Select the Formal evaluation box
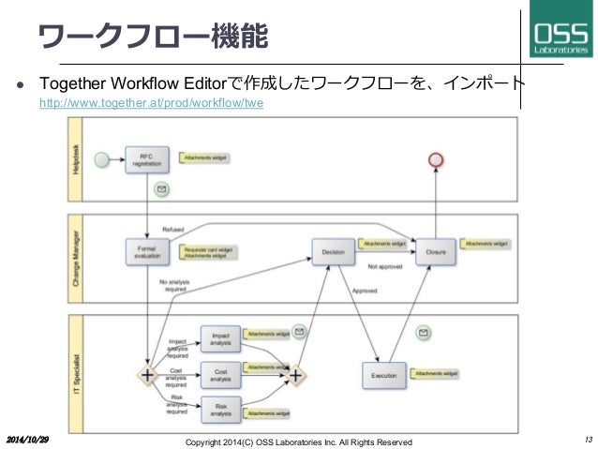click(x=146, y=251)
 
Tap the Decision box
click(x=332, y=251)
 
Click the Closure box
click(x=436, y=251)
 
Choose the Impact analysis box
click(x=220, y=339)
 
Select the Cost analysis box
click(x=220, y=374)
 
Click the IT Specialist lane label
click(x=77, y=374)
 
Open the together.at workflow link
click(x=150, y=104)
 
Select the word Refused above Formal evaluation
click(x=173, y=228)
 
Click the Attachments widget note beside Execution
click(x=437, y=373)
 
